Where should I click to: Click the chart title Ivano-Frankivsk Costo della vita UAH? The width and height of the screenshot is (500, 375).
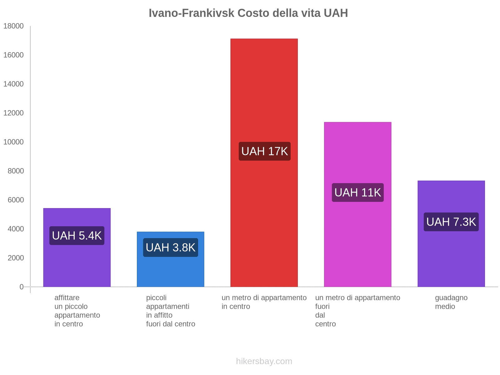click(x=248, y=13)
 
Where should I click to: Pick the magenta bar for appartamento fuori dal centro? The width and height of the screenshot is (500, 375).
click(x=357, y=244)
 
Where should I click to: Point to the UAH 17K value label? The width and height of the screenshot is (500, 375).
click(x=264, y=151)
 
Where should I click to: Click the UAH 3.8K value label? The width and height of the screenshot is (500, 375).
click(x=171, y=247)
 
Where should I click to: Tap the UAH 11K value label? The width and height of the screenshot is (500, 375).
click(x=357, y=192)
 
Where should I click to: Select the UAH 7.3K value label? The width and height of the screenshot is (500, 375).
click(x=451, y=222)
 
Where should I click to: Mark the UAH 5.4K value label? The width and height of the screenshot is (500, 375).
click(x=77, y=236)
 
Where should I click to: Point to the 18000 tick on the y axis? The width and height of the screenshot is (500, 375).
click(x=13, y=26)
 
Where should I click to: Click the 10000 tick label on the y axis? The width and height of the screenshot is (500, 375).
click(x=13, y=142)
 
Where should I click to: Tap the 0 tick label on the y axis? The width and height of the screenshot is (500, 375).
click(x=21, y=287)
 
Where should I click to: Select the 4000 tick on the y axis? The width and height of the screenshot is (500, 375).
click(x=13, y=229)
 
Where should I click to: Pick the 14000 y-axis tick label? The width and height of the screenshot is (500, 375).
click(x=13, y=84)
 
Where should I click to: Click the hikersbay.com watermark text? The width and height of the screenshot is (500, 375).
click(x=264, y=361)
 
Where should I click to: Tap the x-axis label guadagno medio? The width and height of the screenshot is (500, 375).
click(x=451, y=302)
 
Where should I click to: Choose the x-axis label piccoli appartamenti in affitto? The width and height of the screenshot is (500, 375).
click(x=171, y=311)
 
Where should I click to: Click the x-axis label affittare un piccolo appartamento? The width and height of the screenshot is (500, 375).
click(x=77, y=311)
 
